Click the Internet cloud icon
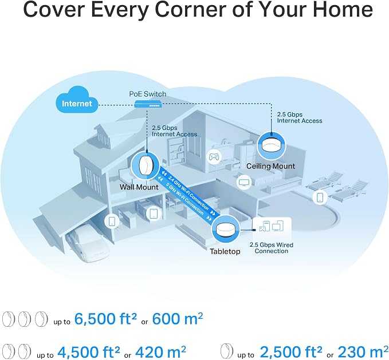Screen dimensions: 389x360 tap(77, 100)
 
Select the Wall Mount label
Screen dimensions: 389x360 tap(139, 187)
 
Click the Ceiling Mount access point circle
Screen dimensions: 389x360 tap(270, 146)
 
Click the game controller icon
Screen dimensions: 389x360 tap(214, 157)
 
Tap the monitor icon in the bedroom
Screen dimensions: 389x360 tap(244, 182)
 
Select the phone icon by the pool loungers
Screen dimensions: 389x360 tap(320, 197)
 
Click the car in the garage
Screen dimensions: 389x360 tap(87, 243)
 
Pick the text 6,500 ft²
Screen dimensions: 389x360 tap(105, 318)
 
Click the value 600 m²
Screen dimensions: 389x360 tap(177, 318)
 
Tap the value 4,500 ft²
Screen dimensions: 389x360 tap(89, 351)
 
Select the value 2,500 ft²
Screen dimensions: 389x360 tap(291, 351)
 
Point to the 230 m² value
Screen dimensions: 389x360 tap(363, 351)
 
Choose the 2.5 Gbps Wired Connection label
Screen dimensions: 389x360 tap(272, 248)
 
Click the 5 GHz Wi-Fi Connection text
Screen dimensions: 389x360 tap(185, 199)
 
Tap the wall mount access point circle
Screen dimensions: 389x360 tap(145, 165)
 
